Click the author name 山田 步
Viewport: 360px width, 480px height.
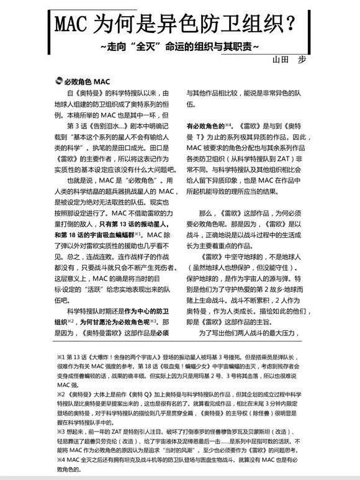pos(289,60)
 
